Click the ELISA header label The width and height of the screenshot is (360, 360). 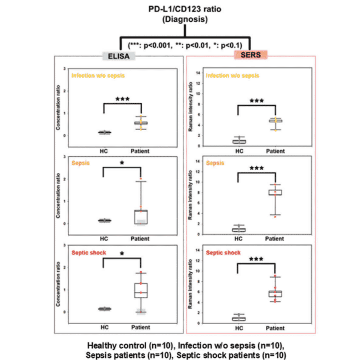(120, 56)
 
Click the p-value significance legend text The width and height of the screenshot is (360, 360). (185, 45)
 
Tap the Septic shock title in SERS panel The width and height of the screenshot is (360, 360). (224, 253)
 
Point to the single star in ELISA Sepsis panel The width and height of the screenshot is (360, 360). (122, 163)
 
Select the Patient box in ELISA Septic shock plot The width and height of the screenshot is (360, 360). (140, 290)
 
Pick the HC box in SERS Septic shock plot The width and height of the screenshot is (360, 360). (239, 319)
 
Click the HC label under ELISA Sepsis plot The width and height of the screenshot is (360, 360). (104, 239)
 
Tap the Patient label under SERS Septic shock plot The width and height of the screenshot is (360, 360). (274, 328)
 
